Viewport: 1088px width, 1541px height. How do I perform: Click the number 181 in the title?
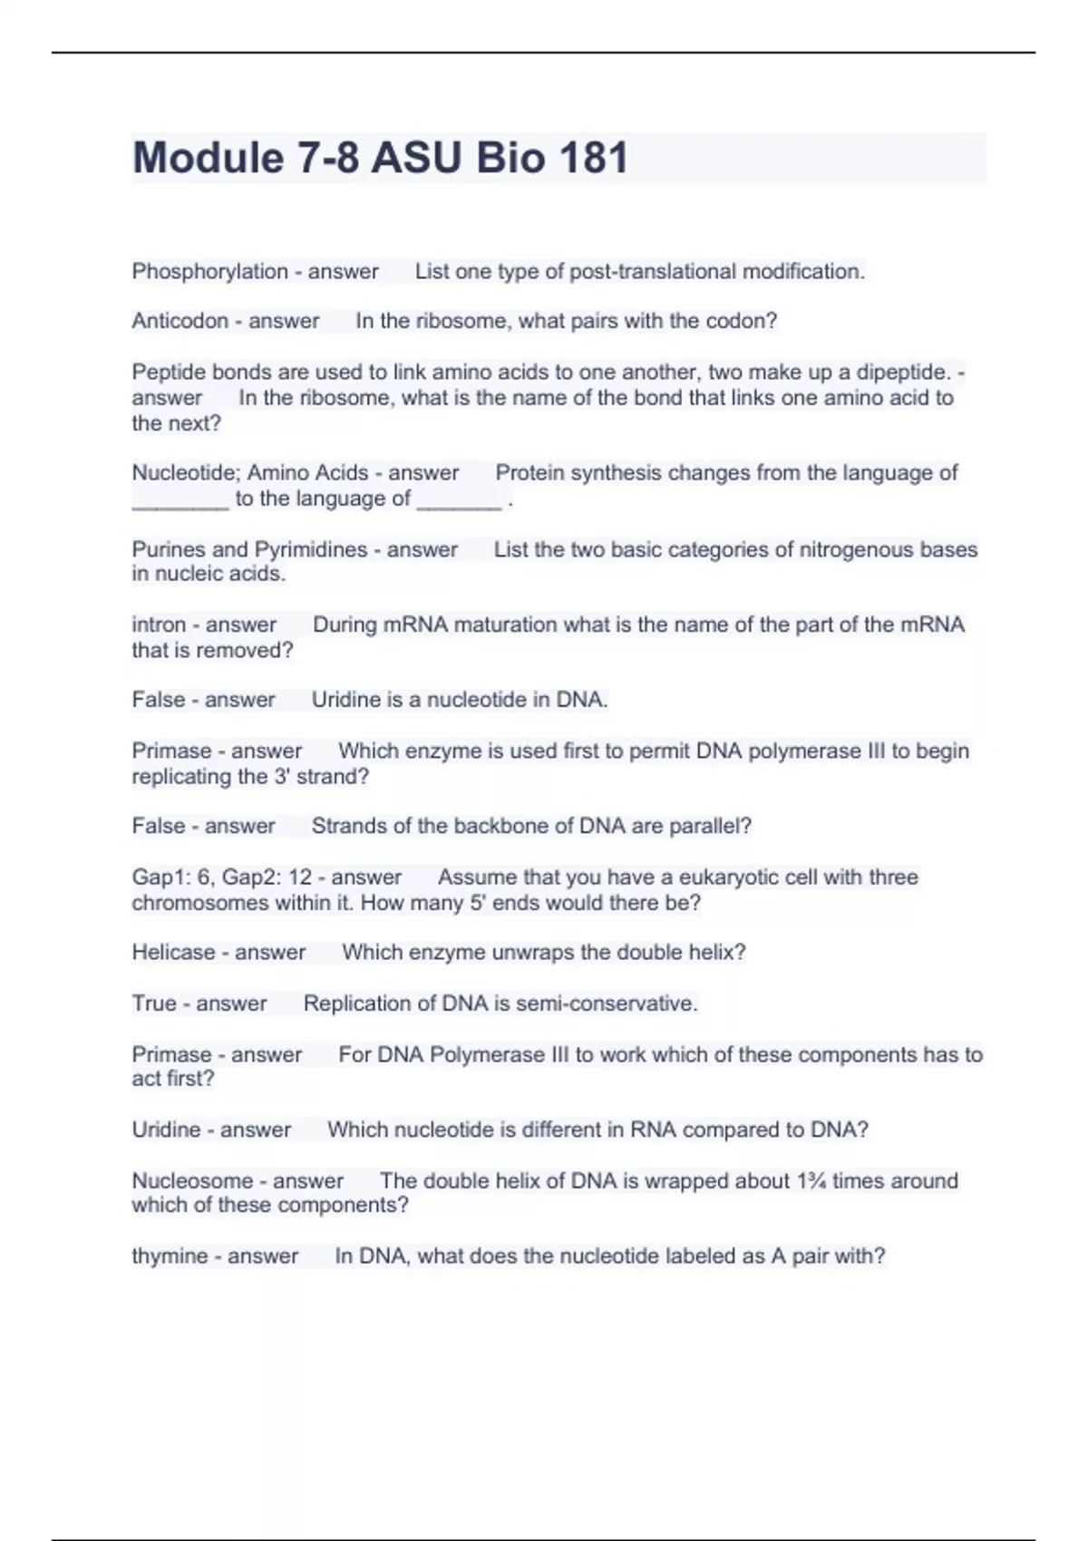coord(593,158)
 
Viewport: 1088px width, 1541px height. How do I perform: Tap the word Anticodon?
coord(180,321)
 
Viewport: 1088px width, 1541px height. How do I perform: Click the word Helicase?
coord(172,953)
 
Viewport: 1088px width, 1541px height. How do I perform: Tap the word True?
coord(153,1003)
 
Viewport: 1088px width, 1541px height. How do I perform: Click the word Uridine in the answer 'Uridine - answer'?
coord(166,1130)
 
